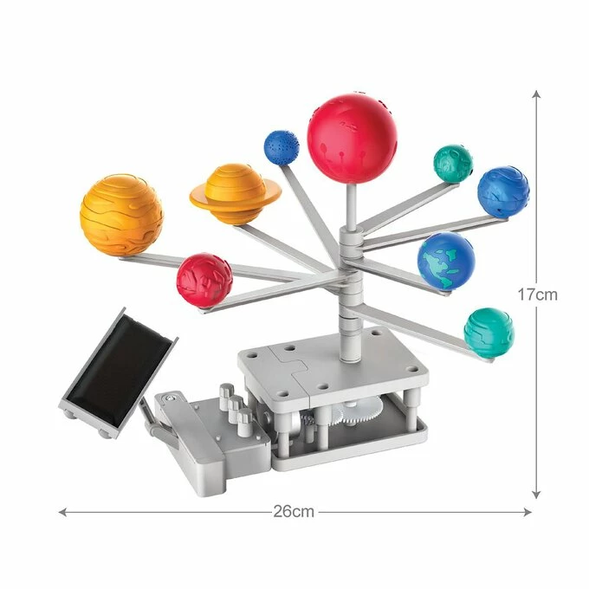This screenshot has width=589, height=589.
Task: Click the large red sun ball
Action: pyautogui.click(x=352, y=139)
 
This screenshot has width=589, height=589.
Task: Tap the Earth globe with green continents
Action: pyautogui.click(x=446, y=261)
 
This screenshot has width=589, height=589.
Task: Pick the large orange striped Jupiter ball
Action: pyautogui.click(x=122, y=214)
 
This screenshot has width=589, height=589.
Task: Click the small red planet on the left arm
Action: pyautogui.click(x=204, y=280)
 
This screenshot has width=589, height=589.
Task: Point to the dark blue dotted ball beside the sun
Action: pyautogui.click(x=282, y=147)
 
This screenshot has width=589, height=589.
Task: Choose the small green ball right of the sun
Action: pyautogui.click(x=453, y=163)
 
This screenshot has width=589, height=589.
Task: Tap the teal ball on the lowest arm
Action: pyautogui.click(x=489, y=333)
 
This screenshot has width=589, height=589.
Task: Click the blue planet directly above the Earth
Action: pyautogui.click(x=503, y=191)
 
